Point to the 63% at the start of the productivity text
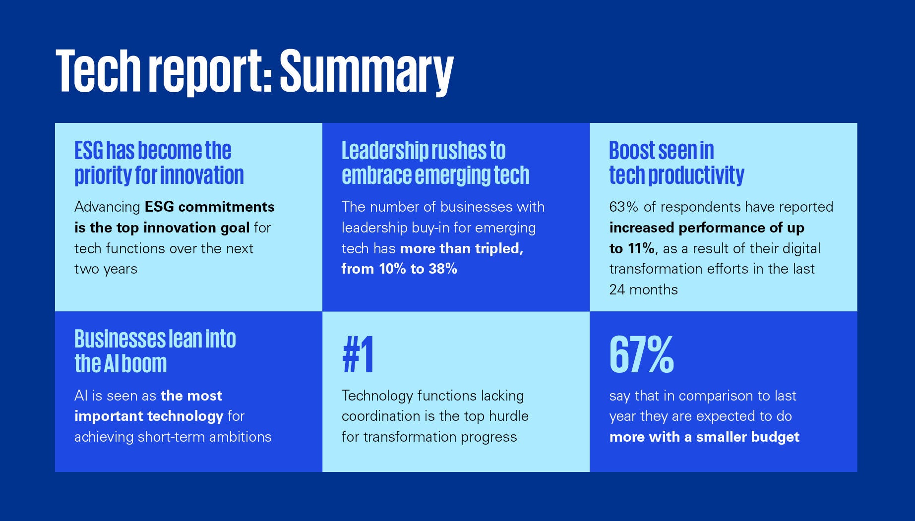click(x=623, y=207)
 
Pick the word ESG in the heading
click(x=88, y=151)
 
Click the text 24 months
click(x=643, y=289)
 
